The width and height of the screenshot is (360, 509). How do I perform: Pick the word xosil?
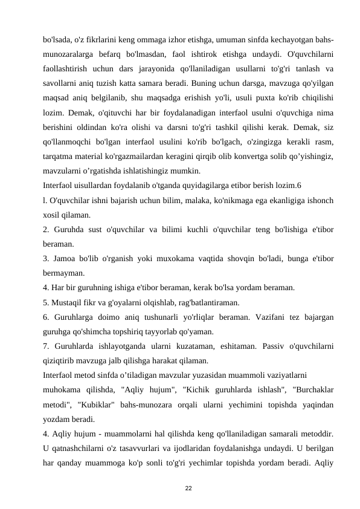coord(53,215)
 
